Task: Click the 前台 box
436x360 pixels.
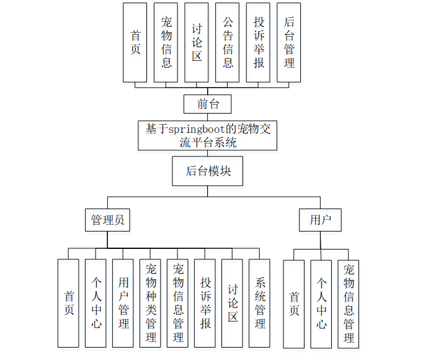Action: [x=208, y=104]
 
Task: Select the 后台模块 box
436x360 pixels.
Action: [x=208, y=171]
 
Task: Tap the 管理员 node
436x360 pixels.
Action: [x=107, y=220]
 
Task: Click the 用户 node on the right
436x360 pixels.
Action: [x=320, y=220]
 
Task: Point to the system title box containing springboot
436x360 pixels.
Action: [x=208, y=135]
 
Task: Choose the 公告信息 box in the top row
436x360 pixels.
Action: [x=228, y=42]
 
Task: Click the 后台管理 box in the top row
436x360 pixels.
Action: [x=289, y=42]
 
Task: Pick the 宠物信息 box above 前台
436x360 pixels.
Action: [x=166, y=42]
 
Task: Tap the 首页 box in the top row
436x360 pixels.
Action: [x=135, y=42]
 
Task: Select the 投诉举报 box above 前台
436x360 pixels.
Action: [x=259, y=42]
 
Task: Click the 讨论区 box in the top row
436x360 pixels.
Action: [x=197, y=42]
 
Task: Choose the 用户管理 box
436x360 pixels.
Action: [x=123, y=303]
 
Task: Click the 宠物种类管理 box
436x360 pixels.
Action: [x=151, y=303]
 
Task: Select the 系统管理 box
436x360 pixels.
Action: [x=260, y=303]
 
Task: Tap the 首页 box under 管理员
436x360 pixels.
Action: [x=69, y=303]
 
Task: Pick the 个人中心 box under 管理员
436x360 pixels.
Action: [x=96, y=303]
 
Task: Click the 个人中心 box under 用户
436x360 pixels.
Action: [x=321, y=304]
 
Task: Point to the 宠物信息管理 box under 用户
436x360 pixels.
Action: [x=349, y=304]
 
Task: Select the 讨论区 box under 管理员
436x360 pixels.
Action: [x=233, y=303]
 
